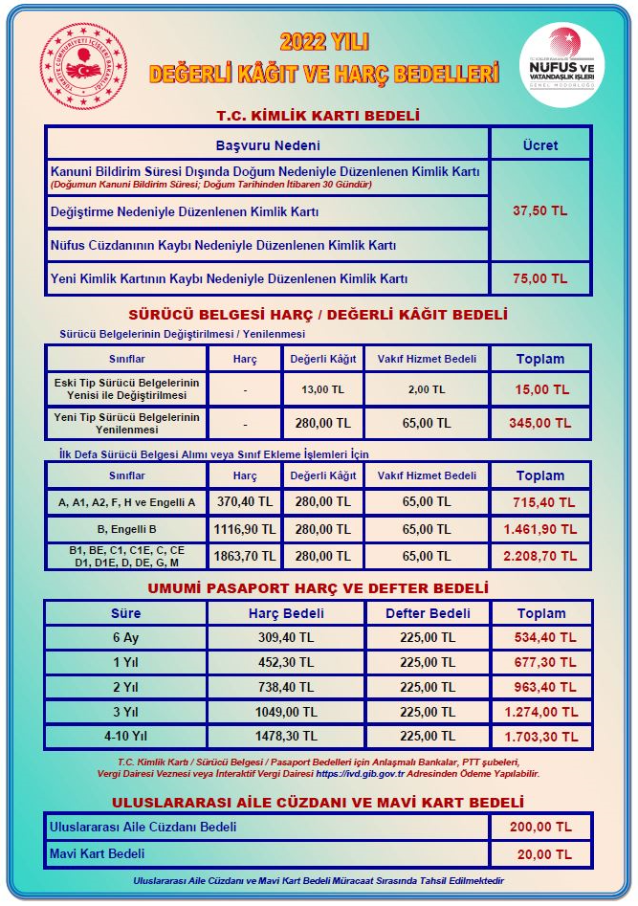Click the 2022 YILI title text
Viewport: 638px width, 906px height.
[x=324, y=42]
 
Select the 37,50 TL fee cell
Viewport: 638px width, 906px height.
[x=540, y=210]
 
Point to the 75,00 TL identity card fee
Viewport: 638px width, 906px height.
[x=540, y=279]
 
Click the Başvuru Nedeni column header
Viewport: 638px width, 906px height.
[x=267, y=145]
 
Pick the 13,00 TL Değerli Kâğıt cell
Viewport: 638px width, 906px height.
[x=321, y=389]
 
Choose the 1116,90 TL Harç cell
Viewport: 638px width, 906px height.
[x=245, y=529]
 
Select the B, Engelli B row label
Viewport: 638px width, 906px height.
[x=127, y=529]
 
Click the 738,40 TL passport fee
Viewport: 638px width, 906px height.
[x=286, y=713]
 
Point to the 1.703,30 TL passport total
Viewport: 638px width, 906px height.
[x=541, y=738]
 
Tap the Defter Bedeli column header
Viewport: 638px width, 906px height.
[x=428, y=613]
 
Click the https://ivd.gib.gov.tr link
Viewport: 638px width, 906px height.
[x=365, y=774]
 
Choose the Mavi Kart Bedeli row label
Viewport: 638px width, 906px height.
[x=98, y=853]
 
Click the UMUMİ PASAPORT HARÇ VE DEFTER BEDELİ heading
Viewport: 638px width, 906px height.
[x=319, y=588]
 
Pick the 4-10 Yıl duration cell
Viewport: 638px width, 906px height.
[x=126, y=738]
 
